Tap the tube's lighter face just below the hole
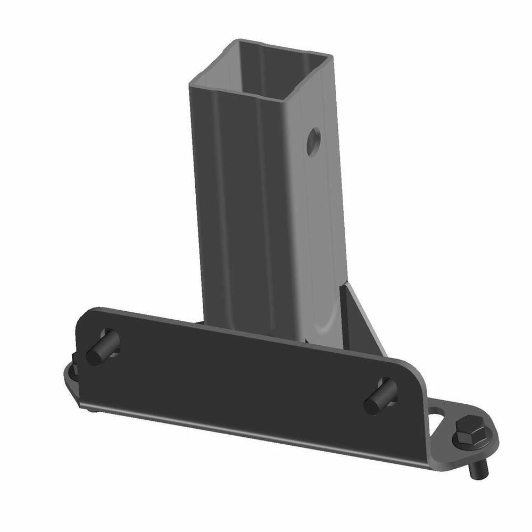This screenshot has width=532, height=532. (x=319, y=213)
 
